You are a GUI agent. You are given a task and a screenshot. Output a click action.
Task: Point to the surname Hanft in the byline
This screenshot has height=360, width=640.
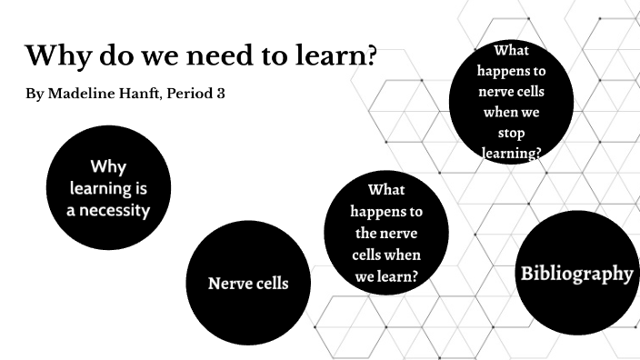pyautogui.click(x=141, y=95)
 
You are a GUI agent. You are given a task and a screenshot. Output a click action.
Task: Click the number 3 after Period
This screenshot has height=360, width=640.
pyautogui.click(x=221, y=95)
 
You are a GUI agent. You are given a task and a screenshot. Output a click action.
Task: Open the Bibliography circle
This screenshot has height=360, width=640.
pyautogui.click(x=575, y=273)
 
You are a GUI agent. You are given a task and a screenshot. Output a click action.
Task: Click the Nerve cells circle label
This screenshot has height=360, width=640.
pyautogui.click(x=248, y=284)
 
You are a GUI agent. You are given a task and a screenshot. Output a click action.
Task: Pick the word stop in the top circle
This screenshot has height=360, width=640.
pyautogui.click(x=511, y=135)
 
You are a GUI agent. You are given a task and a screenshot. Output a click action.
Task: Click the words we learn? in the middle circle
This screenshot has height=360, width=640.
pyautogui.click(x=386, y=275)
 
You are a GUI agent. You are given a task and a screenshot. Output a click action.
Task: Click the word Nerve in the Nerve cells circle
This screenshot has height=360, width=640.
pyautogui.click(x=229, y=284)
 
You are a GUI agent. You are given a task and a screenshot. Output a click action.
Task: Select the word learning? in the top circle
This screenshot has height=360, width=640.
pyautogui.click(x=511, y=154)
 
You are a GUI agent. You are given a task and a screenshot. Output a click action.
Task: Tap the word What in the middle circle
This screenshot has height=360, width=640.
pyautogui.click(x=386, y=190)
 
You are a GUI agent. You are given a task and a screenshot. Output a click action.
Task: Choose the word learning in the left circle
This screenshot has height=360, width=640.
pyautogui.click(x=108, y=189)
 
